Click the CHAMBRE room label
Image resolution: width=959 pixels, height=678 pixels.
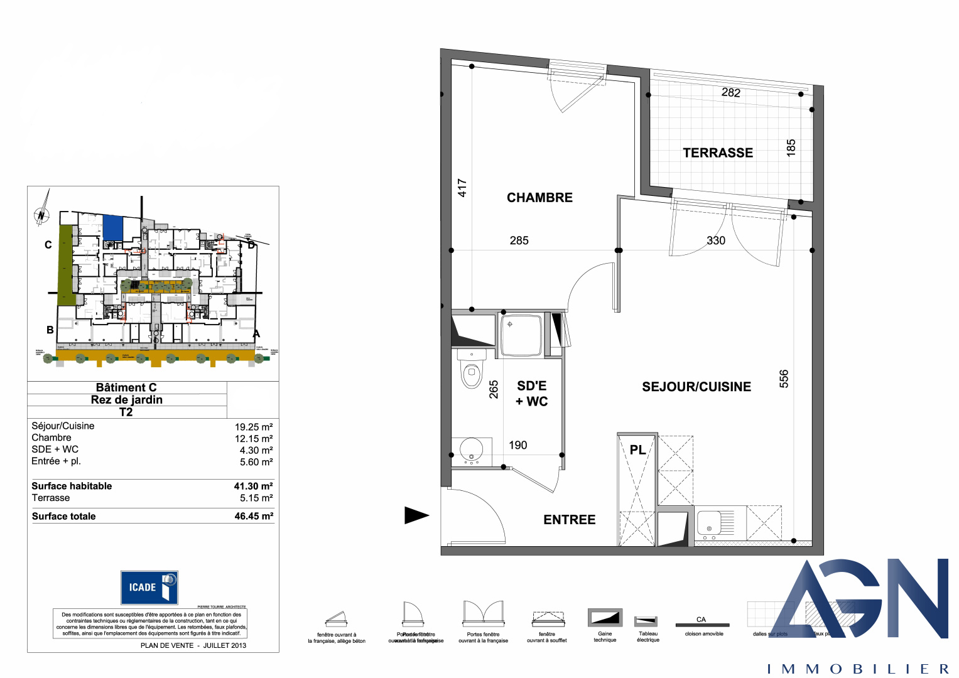pos(539,198)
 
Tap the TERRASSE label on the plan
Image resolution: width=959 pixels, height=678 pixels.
pos(717,153)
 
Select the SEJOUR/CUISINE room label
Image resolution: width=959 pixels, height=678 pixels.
pos(696,387)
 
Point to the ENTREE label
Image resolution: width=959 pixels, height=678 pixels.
pos(569,520)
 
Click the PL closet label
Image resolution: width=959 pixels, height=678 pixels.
pos(637,450)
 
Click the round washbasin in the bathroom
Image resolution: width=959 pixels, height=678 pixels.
pos(471,450)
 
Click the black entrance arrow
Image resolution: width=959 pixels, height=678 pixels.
pos(416,515)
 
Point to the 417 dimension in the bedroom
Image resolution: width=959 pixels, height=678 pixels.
pos(462,188)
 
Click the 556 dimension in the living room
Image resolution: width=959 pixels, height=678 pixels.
pos(784,379)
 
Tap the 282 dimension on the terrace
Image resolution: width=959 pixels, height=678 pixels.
pos(730,92)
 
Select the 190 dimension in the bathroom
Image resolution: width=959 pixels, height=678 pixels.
pos(517,445)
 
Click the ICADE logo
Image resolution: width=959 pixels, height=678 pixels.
pos(149,588)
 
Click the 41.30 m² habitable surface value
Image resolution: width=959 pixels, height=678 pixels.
pos(253,486)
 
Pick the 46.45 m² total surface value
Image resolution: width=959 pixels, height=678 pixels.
pos(254,516)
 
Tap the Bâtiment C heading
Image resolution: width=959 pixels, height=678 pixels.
pos(126,387)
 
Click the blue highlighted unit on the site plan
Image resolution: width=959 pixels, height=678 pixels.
pos(112,227)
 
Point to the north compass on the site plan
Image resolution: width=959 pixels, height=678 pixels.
pos(41,215)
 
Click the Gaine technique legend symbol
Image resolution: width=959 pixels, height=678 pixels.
pos(605,618)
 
